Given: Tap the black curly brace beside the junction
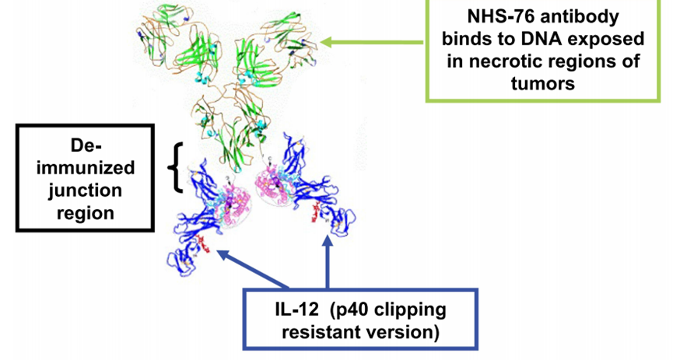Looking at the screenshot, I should point(180,166).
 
